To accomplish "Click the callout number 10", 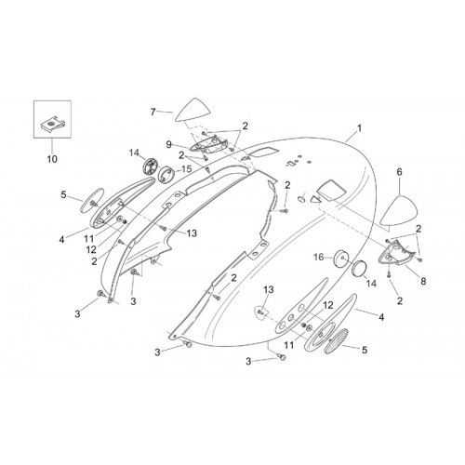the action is (x=52, y=159).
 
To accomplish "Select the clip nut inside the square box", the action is (x=54, y=125).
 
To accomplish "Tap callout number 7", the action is (x=153, y=112).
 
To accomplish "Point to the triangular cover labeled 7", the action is (x=193, y=110).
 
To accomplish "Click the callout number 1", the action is (x=359, y=128).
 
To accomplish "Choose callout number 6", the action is (x=399, y=172).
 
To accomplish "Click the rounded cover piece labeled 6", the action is (x=399, y=210).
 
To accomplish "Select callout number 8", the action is (x=423, y=281).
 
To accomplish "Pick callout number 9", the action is (x=168, y=144).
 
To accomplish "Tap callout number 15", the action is (x=187, y=169).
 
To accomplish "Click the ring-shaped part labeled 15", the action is (x=166, y=174).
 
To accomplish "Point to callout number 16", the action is (x=319, y=258).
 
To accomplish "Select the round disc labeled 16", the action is (x=341, y=258).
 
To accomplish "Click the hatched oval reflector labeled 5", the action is (x=336, y=341).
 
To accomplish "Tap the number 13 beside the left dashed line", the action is (x=192, y=233).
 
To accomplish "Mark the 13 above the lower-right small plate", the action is (x=269, y=289).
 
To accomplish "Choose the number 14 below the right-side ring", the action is (x=371, y=283).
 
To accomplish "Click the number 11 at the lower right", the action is (x=289, y=345).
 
